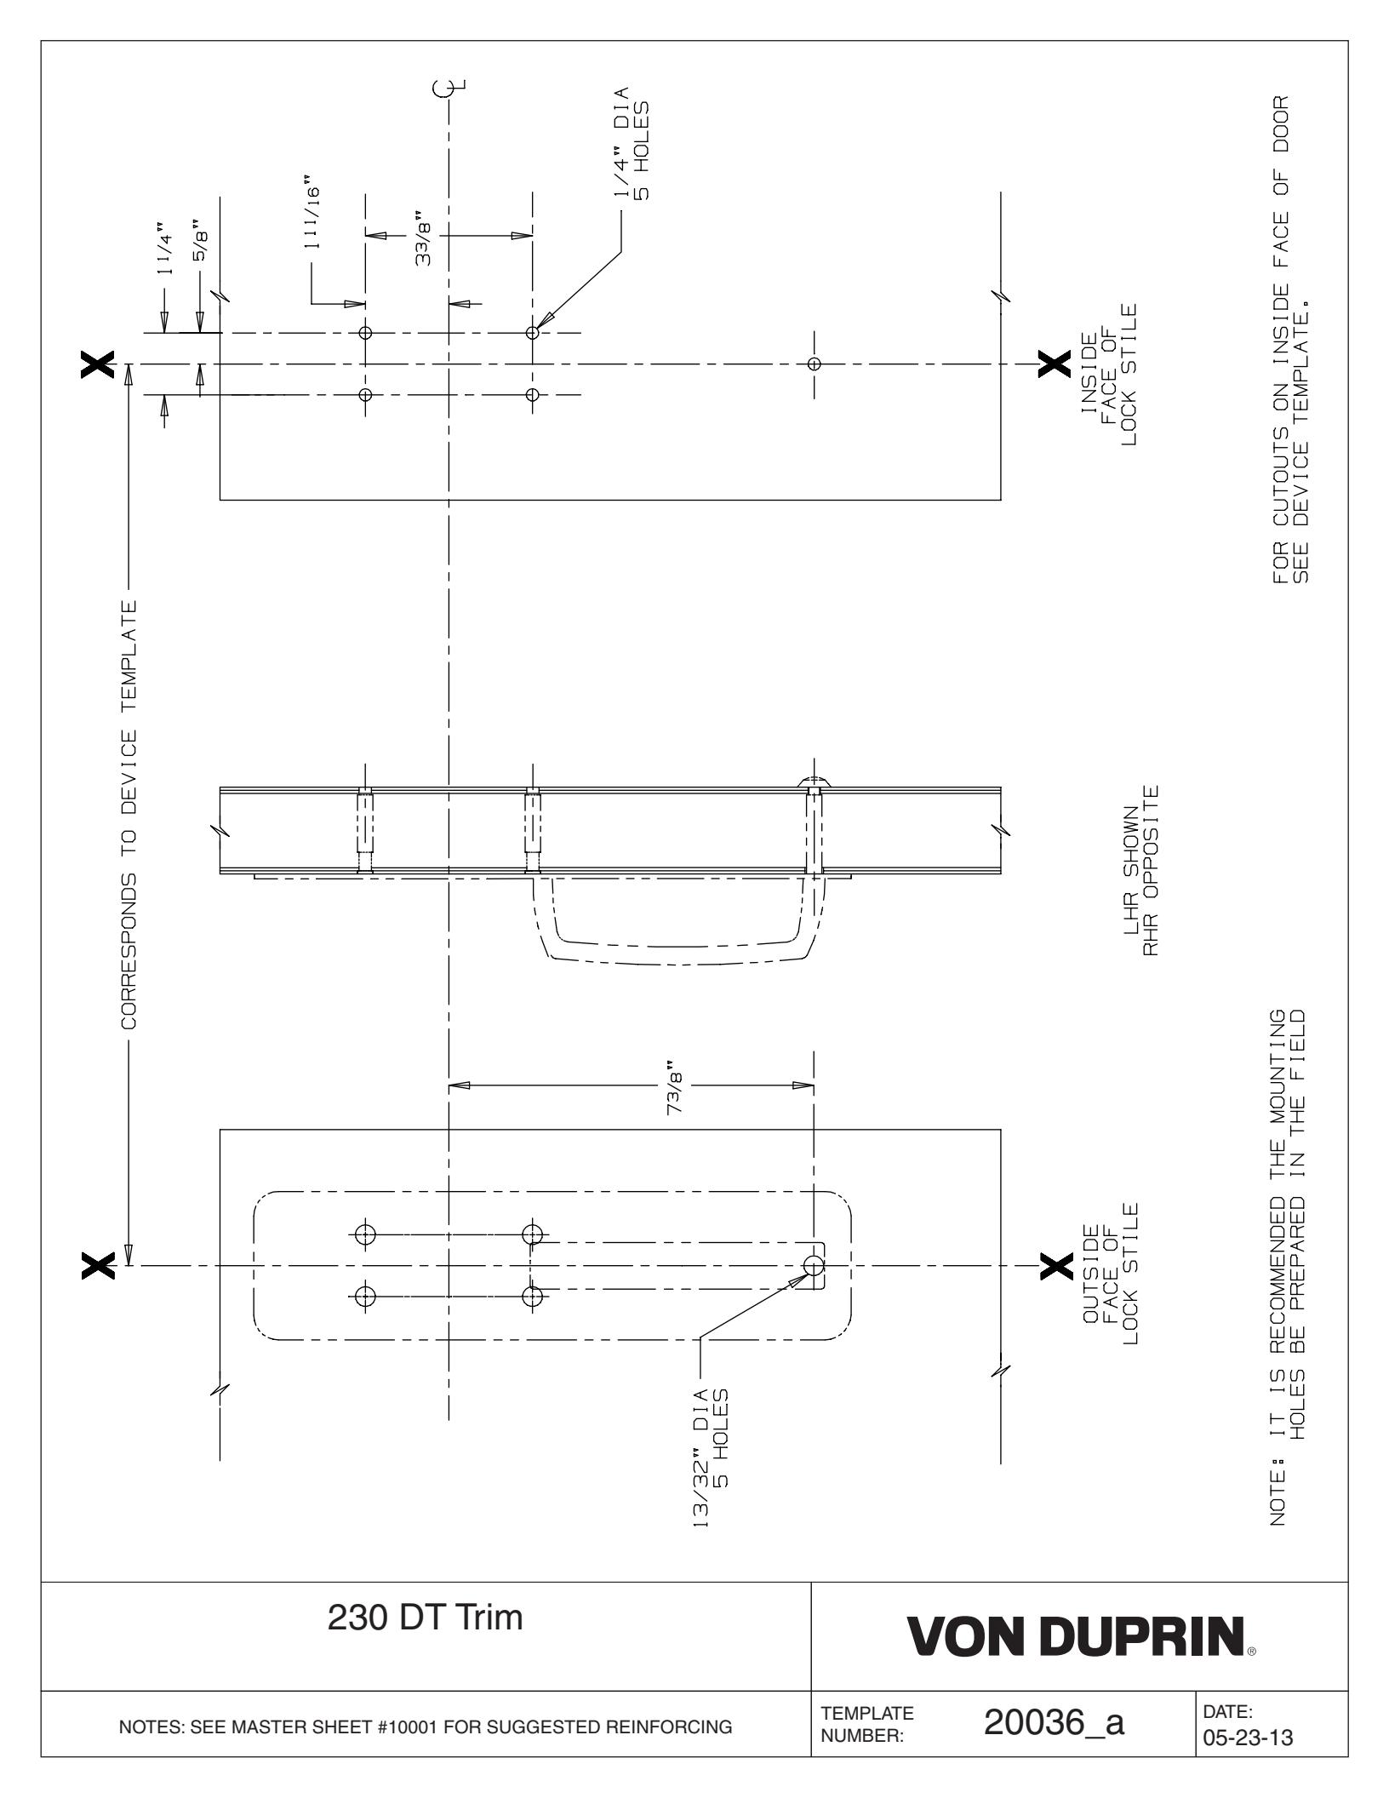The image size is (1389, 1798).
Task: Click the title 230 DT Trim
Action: pos(426,1640)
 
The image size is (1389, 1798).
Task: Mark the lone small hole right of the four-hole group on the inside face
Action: pos(814,364)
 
